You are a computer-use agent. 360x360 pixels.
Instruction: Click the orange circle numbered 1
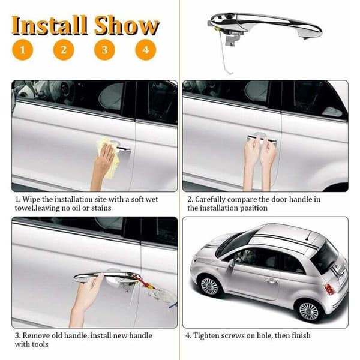tap(23, 50)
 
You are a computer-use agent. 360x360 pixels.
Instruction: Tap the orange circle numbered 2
tap(64, 50)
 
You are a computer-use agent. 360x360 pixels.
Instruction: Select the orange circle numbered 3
tap(104, 50)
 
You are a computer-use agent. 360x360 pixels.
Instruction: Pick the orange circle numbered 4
tap(146, 50)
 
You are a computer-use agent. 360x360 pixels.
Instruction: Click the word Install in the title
tap(50, 25)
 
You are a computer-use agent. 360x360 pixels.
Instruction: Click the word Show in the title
tap(127, 25)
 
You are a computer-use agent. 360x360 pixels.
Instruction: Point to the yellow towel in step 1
tap(109, 156)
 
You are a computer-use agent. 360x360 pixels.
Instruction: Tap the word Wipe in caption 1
tap(31, 199)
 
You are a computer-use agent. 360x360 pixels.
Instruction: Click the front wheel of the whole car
tap(209, 286)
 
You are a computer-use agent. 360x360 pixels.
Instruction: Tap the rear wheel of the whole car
tap(309, 311)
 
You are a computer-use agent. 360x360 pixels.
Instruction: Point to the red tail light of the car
tap(329, 289)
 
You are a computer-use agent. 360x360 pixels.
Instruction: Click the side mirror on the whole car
tap(231, 264)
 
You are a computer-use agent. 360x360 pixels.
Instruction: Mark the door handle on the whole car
tap(271, 281)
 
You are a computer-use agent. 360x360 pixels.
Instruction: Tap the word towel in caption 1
tap(24, 208)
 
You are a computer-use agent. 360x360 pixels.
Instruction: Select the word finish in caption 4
tap(301, 335)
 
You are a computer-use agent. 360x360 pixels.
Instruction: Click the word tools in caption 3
tap(40, 344)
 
